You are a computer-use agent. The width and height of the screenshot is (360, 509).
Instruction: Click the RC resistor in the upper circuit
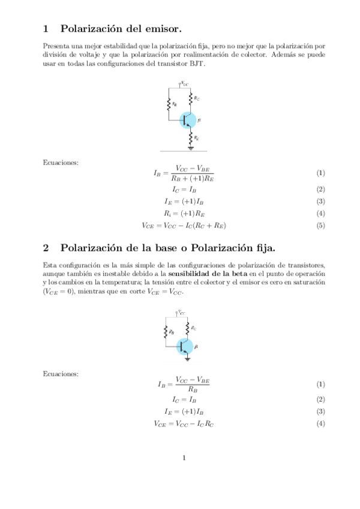click(x=191, y=96)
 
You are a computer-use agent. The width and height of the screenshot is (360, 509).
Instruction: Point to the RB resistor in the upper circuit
click(x=170, y=104)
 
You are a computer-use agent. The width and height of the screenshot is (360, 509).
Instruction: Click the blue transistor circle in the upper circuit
click(x=188, y=119)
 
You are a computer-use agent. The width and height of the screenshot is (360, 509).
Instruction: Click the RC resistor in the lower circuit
click(x=188, y=328)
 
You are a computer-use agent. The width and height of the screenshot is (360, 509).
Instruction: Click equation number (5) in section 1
click(x=321, y=226)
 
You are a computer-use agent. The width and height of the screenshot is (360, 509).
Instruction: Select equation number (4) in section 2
click(x=321, y=424)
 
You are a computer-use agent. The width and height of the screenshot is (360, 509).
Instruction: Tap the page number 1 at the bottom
click(x=184, y=459)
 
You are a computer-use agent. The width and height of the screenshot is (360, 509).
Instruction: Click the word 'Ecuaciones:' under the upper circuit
click(x=61, y=162)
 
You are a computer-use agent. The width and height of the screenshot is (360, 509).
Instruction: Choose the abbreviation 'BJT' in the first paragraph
click(x=197, y=64)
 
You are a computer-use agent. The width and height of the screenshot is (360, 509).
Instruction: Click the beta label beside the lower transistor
click(x=196, y=347)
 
